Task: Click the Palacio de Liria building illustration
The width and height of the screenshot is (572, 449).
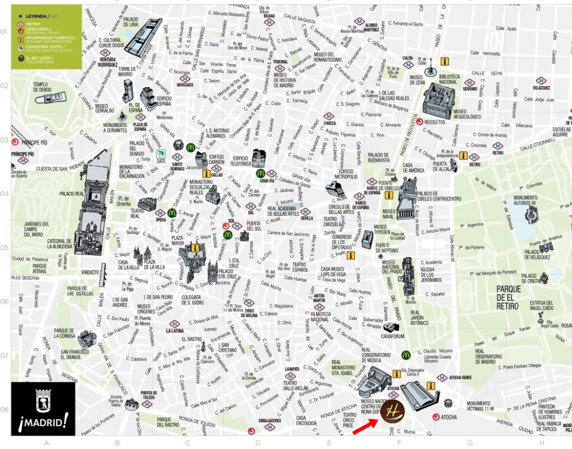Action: click(x=143, y=36)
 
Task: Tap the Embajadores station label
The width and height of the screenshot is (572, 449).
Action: click(x=269, y=420)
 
